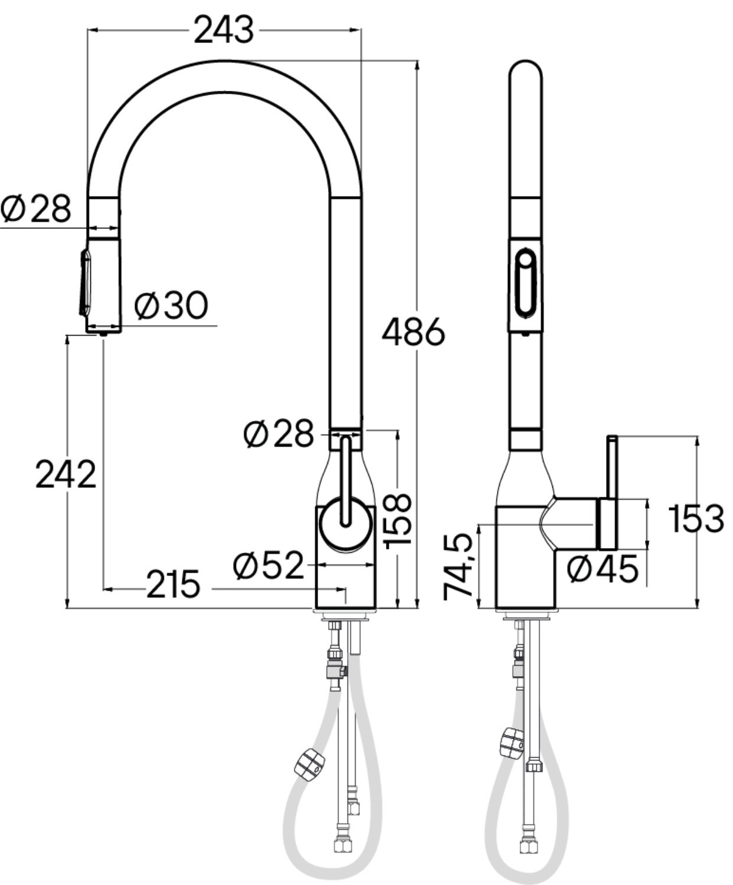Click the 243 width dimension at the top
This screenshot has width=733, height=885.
[224, 29]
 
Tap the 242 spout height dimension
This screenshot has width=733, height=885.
[66, 474]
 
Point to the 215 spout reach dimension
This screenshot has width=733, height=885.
[173, 585]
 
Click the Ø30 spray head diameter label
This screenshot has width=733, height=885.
[171, 305]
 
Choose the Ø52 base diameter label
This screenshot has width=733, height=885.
[269, 565]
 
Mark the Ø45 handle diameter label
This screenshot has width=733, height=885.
[603, 569]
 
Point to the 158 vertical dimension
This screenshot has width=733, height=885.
[398, 521]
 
